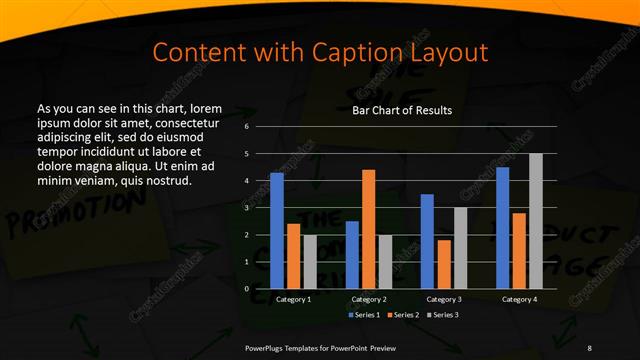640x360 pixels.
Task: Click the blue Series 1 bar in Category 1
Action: point(277,231)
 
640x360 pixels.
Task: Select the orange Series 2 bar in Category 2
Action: point(368,229)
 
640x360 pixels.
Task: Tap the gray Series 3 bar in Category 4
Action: point(535,221)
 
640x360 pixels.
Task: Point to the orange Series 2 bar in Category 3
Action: point(443,264)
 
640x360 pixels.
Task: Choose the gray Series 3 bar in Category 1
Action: point(310,262)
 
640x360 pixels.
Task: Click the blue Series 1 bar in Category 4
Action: point(502,228)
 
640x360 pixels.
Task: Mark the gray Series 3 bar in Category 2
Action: point(385,262)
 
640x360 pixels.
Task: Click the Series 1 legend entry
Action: point(362,315)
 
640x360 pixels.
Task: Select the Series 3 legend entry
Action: point(444,315)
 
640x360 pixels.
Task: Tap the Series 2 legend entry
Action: point(403,315)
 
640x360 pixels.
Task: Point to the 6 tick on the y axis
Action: point(246,127)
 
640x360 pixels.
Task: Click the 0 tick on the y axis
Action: point(246,288)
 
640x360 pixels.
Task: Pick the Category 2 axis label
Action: point(368,299)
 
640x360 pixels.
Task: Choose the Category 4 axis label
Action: point(518,299)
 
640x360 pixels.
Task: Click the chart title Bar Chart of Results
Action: point(402,110)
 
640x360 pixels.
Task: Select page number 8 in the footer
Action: point(590,347)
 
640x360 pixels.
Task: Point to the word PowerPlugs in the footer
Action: point(269,347)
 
